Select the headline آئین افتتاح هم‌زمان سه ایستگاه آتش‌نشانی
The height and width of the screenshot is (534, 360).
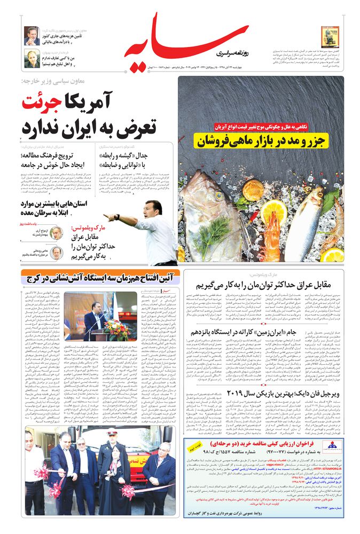pyautogui.click(x=96, y=277)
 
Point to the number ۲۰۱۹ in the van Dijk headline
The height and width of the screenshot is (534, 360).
pyautogui.click(x=235, y=392)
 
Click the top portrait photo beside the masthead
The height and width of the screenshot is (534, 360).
pyautogui.click(x=31, y=35)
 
